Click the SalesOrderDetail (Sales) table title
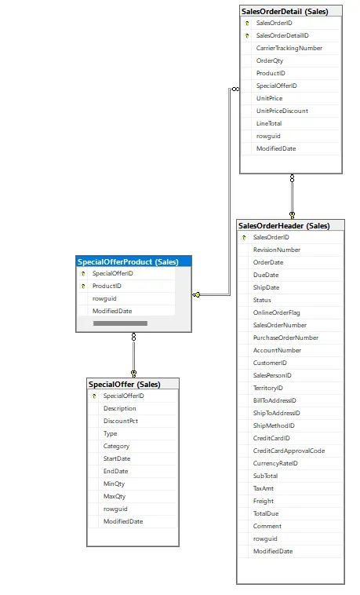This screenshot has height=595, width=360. pyautogui.click(x=285, y=12)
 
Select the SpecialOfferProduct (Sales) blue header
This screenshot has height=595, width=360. pyautogui.click(x=133, y=261)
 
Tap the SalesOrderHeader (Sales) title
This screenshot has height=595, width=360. pyautogui.click(x=284, y=226)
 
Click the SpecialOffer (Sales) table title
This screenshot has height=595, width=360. pyautogui.click(x=125, y=385)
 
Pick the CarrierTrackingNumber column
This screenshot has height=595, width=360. pyautogui.click(x=289, y=48)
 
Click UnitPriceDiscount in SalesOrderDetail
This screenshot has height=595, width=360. pyautogui.click(x=282, y=111)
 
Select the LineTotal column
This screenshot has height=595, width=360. pyautogui.click(x=269, y=123)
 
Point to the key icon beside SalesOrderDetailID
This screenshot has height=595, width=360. pyautogui.click(x=247, y=35)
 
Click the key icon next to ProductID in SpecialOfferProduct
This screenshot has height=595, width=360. pyautogui.click(x=83, y=286)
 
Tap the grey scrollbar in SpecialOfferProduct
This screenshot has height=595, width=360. pyautogui.click(x=120, y=323)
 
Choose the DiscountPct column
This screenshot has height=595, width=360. pyautogui.click(x=121, y=421)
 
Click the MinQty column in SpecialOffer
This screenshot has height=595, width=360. pyautogui.click(x=114, y=484)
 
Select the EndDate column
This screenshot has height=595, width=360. pyautogui.click(x=116, y=471)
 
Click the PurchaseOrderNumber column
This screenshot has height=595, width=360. pyautogui.click(x=285, y=338)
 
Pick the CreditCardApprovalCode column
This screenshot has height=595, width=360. pyautogui.click(x=289, y=451)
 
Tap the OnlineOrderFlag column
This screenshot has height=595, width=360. pyautogui.click(x=276, y=312)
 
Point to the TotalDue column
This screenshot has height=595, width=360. pyautogui.click(x=266, y=513)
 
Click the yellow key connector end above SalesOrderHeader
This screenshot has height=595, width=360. pyautogui.click(x=292, y=215)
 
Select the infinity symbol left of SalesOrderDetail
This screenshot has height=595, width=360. pyautogui.click(x=235, y=89)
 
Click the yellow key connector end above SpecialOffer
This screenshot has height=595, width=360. pyautogui.click(x=133, y=374)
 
